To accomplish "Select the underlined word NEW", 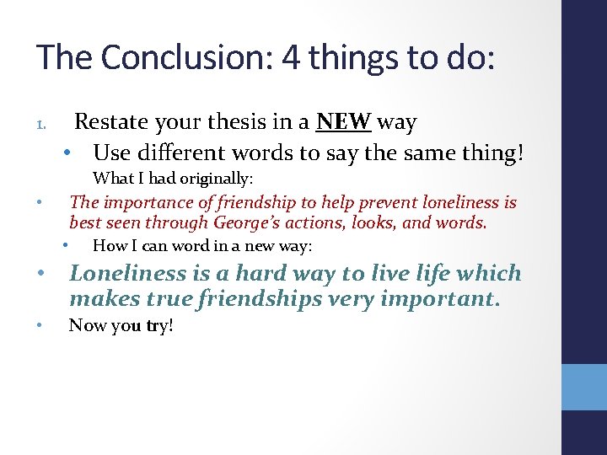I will click(343, 123).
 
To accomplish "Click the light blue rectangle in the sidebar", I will click(584, 386).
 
